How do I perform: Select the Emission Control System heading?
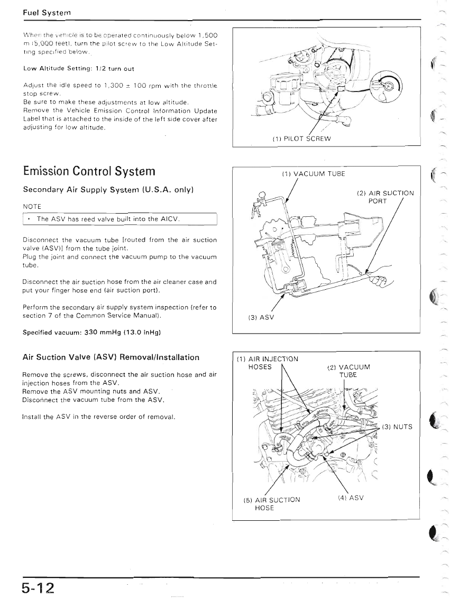[x=89, y=171]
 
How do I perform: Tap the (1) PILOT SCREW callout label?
[x=301, y=139]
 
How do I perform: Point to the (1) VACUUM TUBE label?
[x=314, y=173]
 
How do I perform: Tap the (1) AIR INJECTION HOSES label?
[x=268, y=363]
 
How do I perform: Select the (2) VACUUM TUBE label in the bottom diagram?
[x=348, y=371]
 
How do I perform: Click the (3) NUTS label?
[x=397, y=427]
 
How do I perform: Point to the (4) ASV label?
[x=351, y=497]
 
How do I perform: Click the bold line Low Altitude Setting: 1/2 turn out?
[x=79, y=69]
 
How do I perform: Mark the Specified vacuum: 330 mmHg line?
[x=91, y=333]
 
